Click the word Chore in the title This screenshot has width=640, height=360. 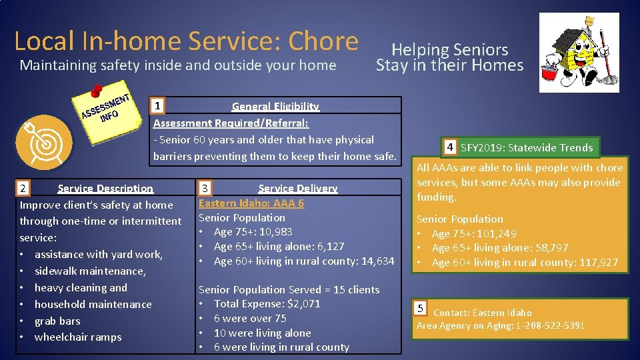pyautogui.click(x=323, y=41)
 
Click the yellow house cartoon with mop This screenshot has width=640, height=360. pyautogui.click(x=578, y=53)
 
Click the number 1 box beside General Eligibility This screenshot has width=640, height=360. pyautogui.click(x=157, y=105)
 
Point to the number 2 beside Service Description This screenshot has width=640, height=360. pyautogui.click(x=23, y=189)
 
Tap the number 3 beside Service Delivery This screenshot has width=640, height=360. pyautogui.click(x=207, y=189)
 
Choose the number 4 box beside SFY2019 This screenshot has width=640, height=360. pyautogui.click(x=451, y=147)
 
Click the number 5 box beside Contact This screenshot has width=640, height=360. pyautogui.click(x=420, y=308)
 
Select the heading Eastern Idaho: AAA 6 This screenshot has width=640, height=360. pyautogui.click(x=251, y=203)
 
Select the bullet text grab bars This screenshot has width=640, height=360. pyautogui.click(x=57, y=321)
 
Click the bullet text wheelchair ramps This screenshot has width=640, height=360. pyautogui.click(x=78, y=337)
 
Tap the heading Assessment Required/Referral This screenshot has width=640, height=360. pyautogui.click(x=231, y=123)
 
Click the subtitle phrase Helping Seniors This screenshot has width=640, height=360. pyautogui.click(x=449, y=49)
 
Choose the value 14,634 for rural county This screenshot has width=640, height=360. pyautogui.click(x=376, y=261)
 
